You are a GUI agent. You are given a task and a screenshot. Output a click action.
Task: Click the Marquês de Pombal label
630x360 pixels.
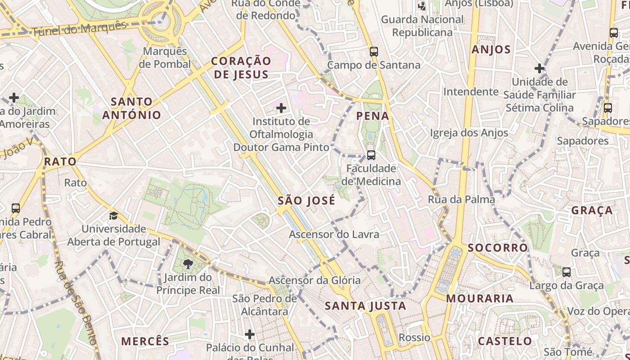[165, 58]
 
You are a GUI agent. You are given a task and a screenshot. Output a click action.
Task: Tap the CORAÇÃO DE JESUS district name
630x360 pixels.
[241, 67]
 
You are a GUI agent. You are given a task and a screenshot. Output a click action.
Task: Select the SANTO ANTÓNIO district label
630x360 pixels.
[132, 108]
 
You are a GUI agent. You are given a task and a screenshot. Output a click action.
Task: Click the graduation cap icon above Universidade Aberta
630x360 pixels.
[113, 216]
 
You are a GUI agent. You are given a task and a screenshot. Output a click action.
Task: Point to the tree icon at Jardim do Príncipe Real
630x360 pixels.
[188, 265]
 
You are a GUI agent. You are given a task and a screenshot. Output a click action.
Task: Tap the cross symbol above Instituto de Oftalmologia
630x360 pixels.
[281, 108]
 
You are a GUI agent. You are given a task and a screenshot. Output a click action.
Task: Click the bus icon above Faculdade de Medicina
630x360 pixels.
[371, 155]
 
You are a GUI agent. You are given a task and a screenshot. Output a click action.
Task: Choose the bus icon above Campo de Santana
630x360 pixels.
[374, 52]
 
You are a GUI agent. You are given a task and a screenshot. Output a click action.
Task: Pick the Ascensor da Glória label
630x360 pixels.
[315, 280]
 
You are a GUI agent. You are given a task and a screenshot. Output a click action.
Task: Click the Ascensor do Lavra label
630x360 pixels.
[334, 234]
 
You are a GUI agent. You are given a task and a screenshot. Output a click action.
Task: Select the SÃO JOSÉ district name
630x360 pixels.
[306, 200]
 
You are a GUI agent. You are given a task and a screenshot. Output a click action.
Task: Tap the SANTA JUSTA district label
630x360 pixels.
[365, 306]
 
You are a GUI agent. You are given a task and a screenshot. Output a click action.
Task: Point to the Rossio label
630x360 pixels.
[414, 337]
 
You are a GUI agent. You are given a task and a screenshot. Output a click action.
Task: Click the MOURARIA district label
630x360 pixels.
[480, 298]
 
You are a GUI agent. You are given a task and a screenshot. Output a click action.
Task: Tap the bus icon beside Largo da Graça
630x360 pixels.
[567, 272]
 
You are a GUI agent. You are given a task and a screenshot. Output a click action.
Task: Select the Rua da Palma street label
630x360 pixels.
[461, 199]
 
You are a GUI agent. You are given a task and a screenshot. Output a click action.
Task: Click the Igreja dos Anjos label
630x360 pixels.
[469, 133]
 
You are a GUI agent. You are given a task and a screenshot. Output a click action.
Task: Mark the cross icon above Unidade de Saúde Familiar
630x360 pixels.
[540, 69]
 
